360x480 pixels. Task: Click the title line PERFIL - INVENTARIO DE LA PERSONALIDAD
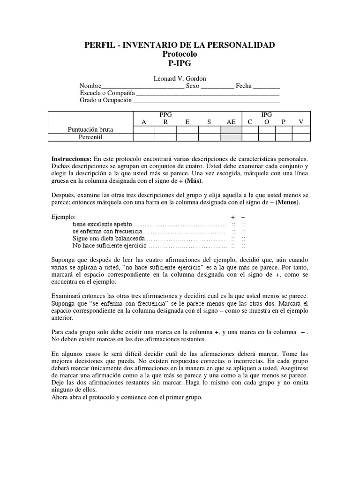(180, 45)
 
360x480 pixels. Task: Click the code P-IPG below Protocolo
(180, 64)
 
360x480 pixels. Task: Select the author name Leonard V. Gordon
(180, 78)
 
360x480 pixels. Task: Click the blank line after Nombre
(143, 87)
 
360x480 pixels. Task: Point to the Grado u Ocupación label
(106, 100)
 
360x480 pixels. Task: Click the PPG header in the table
(165, 115)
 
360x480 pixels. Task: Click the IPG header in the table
(266, 115)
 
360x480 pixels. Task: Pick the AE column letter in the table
(231, 122)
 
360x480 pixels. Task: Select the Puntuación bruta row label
(90, 129)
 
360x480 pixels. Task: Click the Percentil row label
(90, 137)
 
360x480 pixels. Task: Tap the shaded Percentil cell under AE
(231, 137)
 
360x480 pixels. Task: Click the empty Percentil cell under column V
(301, 137)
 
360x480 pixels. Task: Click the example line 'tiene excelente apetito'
(102, 225)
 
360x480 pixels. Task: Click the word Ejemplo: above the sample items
(64, 217)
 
